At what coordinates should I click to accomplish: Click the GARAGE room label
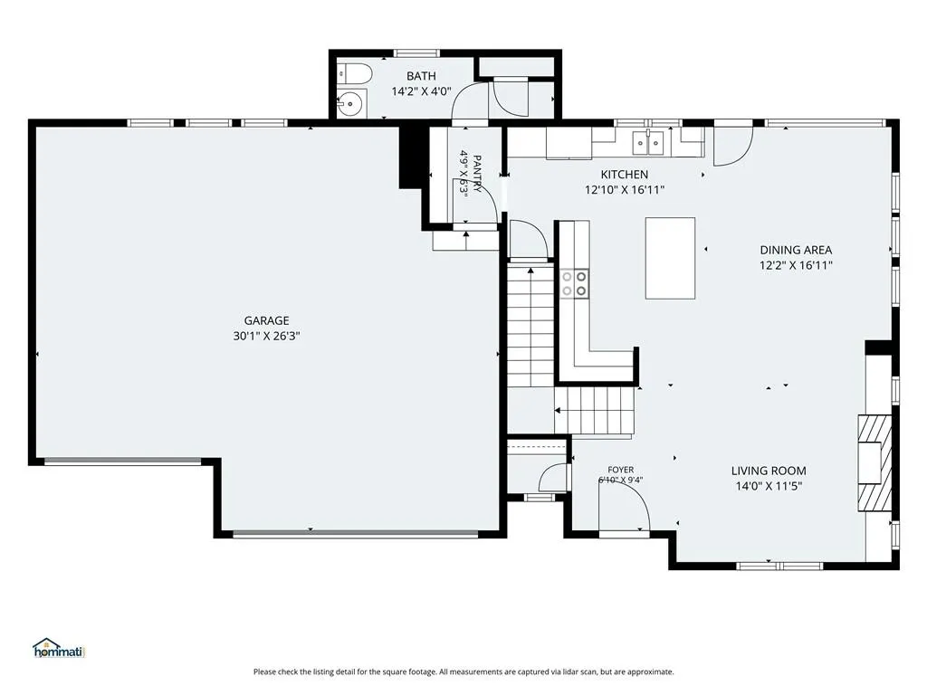[267, 320]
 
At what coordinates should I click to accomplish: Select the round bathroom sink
[352, 103]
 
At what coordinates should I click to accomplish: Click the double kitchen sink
[648, 142]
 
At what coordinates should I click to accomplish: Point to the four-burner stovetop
[575, 283]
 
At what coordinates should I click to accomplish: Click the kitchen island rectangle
[670, 258]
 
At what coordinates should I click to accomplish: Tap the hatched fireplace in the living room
[874, 462]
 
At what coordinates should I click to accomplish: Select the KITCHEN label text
[625, 175]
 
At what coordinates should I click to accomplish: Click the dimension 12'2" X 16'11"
[796, 265]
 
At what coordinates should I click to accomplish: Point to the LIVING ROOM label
[769, 471]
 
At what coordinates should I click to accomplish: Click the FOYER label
[620, 470]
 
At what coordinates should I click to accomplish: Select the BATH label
[421, 76]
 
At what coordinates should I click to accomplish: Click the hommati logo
[59, 648]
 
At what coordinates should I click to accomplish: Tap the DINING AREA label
[796, 250]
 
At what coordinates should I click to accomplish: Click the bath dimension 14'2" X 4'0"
[421, 91]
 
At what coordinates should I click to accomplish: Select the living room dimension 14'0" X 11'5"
[769, 486]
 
